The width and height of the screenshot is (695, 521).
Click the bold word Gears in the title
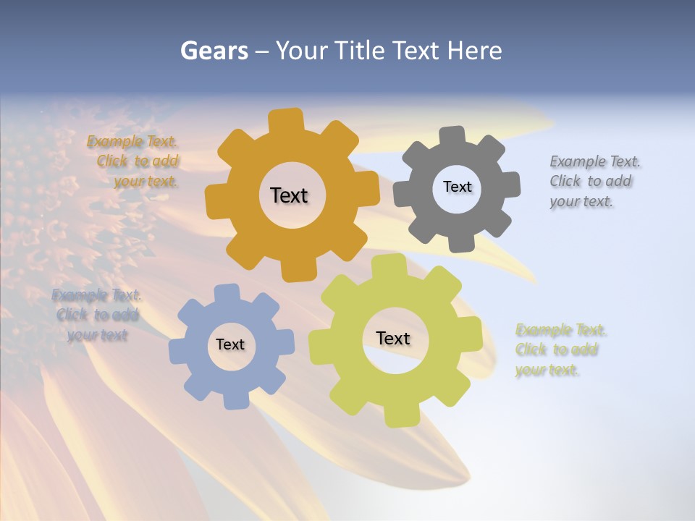[x=214, y=51]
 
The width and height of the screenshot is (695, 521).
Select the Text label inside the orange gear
[x=289, y=195]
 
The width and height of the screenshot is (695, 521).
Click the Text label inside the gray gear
[x=457, y=187]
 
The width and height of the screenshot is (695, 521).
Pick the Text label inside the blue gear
[x=230, y=344]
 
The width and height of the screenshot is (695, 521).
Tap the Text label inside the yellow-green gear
[x=393, y=338]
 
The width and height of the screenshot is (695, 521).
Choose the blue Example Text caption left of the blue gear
[x=96, y=315]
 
